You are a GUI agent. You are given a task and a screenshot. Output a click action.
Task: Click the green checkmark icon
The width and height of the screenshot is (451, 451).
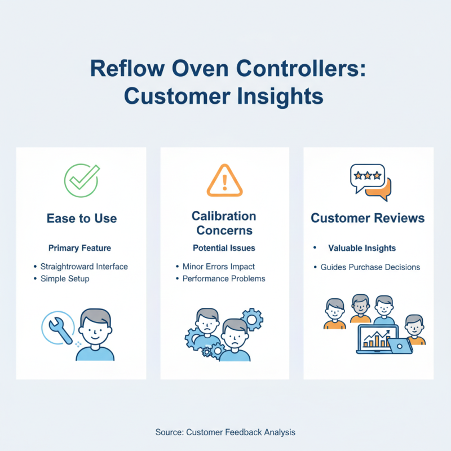click(82, 180)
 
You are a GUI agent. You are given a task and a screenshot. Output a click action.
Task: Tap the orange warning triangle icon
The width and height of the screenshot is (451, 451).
click(224, 180)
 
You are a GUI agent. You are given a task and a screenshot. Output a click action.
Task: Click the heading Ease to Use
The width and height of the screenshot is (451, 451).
click(82, 218)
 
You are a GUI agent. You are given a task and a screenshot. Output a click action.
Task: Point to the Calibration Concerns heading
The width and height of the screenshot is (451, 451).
click(224, 223)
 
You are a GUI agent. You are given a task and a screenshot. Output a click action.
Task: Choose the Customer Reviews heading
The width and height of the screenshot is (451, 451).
click(368, 218)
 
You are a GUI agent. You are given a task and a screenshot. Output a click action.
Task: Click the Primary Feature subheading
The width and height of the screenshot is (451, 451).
click(79, 248)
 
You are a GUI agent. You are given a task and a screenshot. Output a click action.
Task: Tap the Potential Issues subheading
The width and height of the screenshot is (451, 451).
click(224, 248)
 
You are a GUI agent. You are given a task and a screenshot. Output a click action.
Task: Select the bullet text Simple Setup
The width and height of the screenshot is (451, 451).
click(65, 278)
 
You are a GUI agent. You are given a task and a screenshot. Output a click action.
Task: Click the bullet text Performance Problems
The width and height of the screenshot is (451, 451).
click(224, 278)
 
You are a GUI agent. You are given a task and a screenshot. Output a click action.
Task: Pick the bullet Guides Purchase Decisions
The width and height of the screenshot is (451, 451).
click(370, 267)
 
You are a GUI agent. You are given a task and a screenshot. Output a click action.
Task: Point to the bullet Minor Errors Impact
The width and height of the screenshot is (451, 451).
click(219, 267)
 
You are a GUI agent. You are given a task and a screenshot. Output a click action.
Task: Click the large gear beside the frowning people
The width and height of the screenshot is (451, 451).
click(252, 320)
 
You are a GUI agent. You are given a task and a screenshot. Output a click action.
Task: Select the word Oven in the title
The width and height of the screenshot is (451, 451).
click(200, 68)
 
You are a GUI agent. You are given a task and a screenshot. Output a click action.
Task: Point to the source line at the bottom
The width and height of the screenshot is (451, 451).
click(225, 432)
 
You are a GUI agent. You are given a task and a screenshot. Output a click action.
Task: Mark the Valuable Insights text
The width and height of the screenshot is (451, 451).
click(362, 248)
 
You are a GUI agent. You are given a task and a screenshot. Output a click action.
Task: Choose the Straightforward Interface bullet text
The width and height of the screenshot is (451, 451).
click(84, 267)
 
